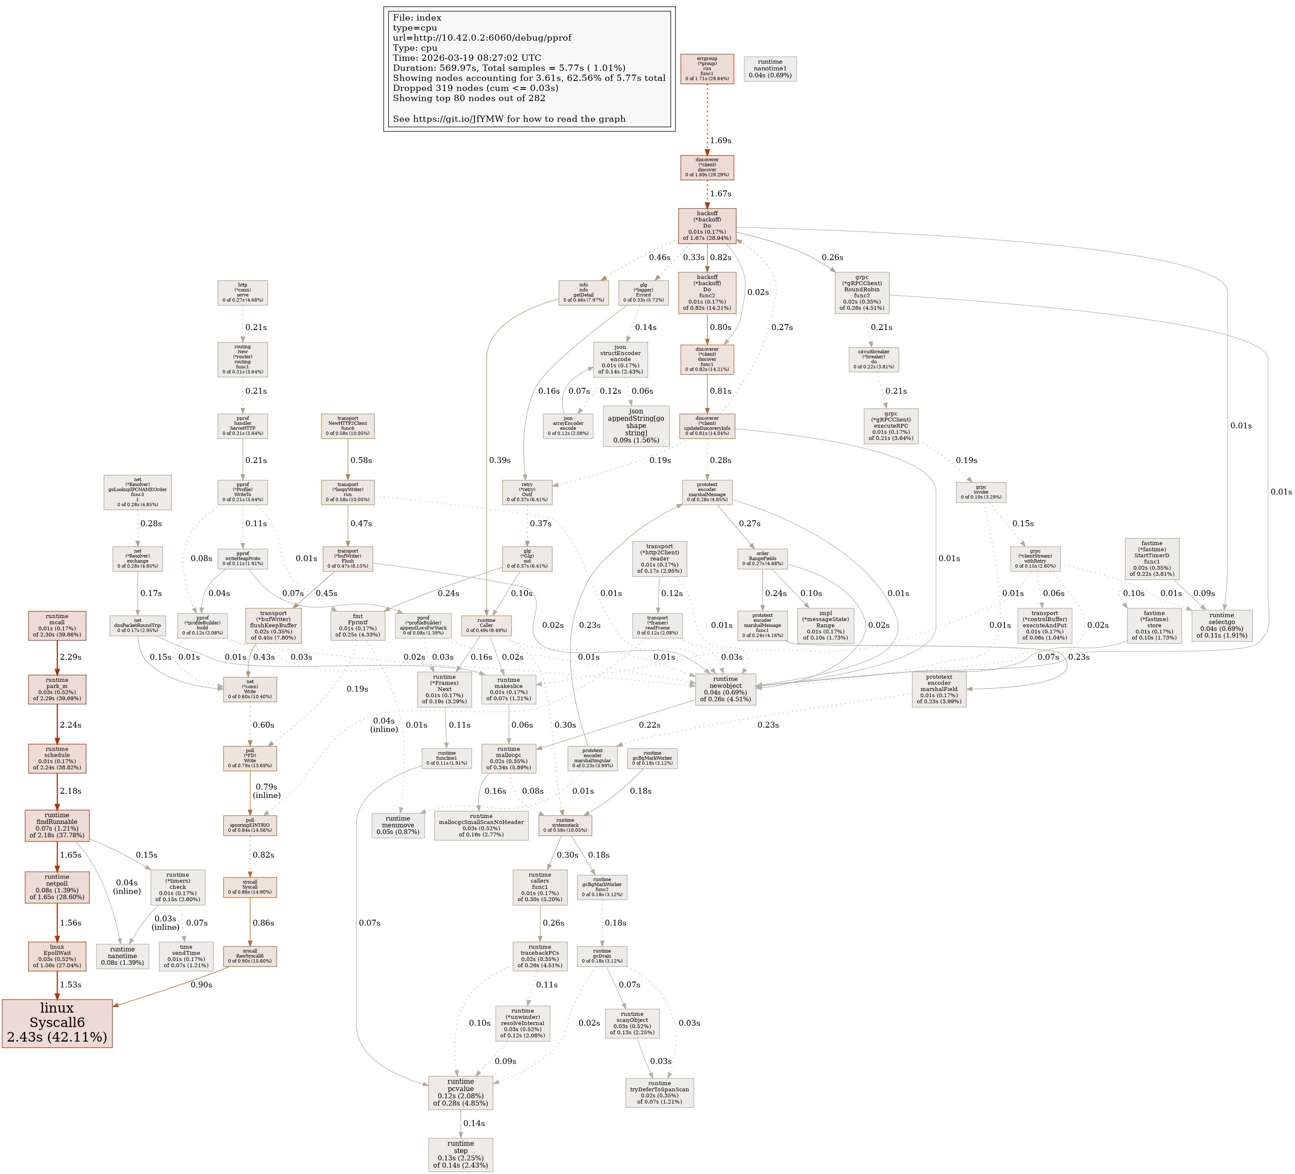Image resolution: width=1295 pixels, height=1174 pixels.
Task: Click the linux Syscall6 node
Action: [x=57, y=1023]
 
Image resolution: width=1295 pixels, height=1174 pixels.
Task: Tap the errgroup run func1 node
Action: [x=706, y=69]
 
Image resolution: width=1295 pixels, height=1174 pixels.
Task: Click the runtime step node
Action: [x=461, y=1154]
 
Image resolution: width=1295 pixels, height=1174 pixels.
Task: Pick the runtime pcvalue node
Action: [x=461, y=1092]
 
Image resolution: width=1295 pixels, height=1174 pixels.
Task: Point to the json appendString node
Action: [x=636, y=426]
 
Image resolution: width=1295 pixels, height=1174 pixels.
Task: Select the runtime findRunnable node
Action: [x=57, y=825]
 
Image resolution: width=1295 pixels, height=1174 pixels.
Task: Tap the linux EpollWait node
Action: [x=57, y=956]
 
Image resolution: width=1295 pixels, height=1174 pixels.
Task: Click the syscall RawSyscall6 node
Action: [x=250, y=956]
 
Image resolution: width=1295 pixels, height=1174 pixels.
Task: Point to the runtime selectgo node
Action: [x=1221, y=625]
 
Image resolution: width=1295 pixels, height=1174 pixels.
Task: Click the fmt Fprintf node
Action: [x=358, y=625]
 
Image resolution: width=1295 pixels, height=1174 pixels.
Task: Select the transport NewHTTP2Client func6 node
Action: [x=348, y=426]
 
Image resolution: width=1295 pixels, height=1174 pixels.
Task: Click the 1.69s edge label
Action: [x=720, y=140]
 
